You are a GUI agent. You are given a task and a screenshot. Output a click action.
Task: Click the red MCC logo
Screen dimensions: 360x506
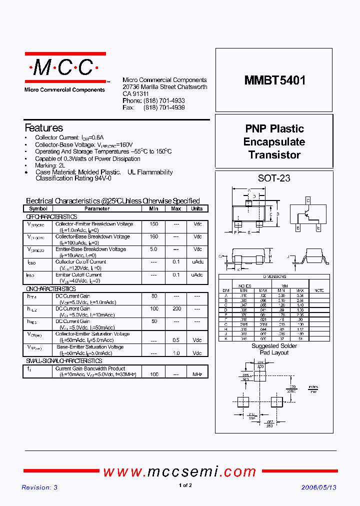(65, 67)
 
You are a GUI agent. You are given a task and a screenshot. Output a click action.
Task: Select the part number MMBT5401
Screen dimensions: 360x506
(274, 80)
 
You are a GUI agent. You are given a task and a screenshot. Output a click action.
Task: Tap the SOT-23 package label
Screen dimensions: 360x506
(274, 178)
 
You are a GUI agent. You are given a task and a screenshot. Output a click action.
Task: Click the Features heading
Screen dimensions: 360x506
(44, 128)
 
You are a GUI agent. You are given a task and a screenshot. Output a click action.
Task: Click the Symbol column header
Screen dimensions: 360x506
(38, 209)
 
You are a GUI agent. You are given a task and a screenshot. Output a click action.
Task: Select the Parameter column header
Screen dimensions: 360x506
(96, 209)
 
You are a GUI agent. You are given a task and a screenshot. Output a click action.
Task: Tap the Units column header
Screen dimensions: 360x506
(197, 209)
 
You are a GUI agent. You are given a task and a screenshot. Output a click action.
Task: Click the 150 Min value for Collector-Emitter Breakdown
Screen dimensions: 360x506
(154, 224)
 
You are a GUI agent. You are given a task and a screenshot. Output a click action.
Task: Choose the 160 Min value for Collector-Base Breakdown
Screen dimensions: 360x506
(154, 237)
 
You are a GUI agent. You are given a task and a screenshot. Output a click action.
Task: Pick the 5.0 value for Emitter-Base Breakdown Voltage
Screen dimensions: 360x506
(154, 249)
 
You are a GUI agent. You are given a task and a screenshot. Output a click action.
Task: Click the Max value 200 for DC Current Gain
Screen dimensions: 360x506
(176, 309)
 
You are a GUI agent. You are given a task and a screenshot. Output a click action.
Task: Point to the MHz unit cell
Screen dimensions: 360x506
(197, 374)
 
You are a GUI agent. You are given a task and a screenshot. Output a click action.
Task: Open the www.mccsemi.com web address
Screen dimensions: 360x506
(179, 471)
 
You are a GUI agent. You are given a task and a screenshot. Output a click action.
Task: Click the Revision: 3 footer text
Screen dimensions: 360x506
(39, 487)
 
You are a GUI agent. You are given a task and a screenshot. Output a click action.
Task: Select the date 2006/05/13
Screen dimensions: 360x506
(318, 487)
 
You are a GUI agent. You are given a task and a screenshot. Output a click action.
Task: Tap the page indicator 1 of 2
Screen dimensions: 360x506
(185, 486)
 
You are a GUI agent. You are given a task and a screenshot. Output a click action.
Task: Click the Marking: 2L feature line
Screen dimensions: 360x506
(50, 165)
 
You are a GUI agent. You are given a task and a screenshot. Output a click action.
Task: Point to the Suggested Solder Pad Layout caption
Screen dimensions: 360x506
(274, 349)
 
